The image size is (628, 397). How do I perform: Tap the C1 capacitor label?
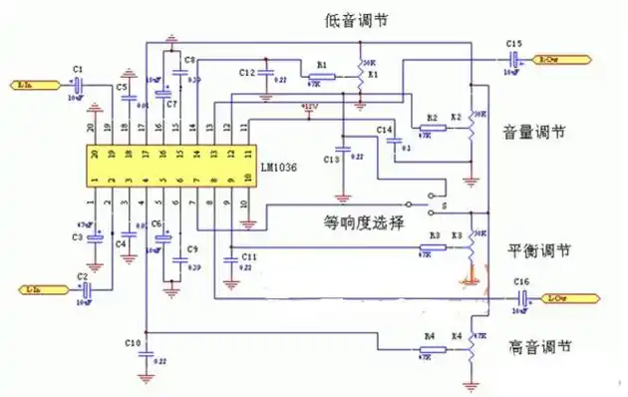77,69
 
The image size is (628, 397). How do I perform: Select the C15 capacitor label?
513,44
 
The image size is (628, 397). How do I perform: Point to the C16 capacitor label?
521,283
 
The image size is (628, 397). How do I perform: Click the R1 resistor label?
321,64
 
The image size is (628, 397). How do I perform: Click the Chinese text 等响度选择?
364,222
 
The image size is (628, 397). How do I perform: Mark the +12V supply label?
310,106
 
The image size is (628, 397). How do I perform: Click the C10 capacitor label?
133,343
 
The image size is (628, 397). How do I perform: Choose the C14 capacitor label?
384,131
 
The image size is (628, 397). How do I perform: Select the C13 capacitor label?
332,160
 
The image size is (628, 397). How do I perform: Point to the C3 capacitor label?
78,236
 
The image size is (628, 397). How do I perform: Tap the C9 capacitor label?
192,248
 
